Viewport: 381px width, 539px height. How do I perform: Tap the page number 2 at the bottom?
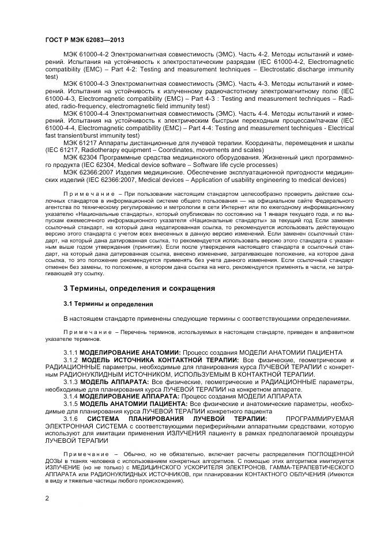pyautogui.click(x=47, y=497)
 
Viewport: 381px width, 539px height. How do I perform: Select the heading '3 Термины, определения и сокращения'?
pyautogui.click(x=139, y=287)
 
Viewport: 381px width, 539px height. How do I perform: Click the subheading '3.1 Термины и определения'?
pyautogui.click(x=108, y=303)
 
